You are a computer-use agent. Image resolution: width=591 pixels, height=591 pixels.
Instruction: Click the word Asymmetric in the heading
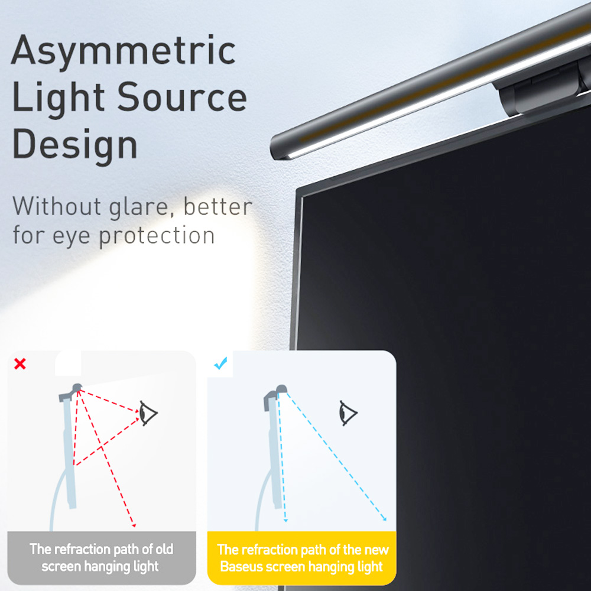click(124, 52)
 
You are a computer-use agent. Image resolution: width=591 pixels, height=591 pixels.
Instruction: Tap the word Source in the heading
click(181, 98)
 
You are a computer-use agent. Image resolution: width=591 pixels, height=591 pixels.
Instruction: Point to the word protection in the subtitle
click(156, 236)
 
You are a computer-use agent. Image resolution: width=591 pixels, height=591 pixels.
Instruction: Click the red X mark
click(20, 364)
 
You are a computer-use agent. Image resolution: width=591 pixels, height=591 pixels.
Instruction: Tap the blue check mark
click(220, 365)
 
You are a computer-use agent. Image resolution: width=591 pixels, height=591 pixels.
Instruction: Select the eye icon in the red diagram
click(148, 411)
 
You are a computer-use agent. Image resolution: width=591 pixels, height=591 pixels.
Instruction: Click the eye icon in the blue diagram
click(348, 411)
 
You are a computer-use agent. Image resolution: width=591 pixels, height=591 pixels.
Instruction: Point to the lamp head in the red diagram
click(77, 388)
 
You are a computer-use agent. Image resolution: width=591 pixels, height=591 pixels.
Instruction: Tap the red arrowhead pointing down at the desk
click(135, 524)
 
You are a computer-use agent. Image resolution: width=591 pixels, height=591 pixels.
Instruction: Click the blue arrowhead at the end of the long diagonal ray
click(385, 519)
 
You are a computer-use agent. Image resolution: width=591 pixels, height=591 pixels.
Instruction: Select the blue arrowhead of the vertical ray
click(285, 519)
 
